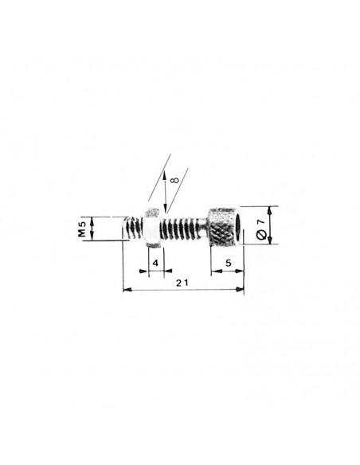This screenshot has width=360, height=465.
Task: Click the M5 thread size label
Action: (82, 229)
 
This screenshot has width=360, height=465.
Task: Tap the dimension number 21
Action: (182, 283)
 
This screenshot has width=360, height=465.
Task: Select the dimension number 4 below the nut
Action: (155, 263)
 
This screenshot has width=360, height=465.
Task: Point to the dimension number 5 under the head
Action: (229, 263)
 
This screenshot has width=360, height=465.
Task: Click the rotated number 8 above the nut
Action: (175, 180)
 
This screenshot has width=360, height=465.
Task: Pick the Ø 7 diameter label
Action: (260, 229)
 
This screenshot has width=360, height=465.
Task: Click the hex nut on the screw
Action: (152, 228)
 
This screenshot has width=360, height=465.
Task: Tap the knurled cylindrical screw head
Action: (225, 227)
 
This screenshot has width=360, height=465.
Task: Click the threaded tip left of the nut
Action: (133, 228)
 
